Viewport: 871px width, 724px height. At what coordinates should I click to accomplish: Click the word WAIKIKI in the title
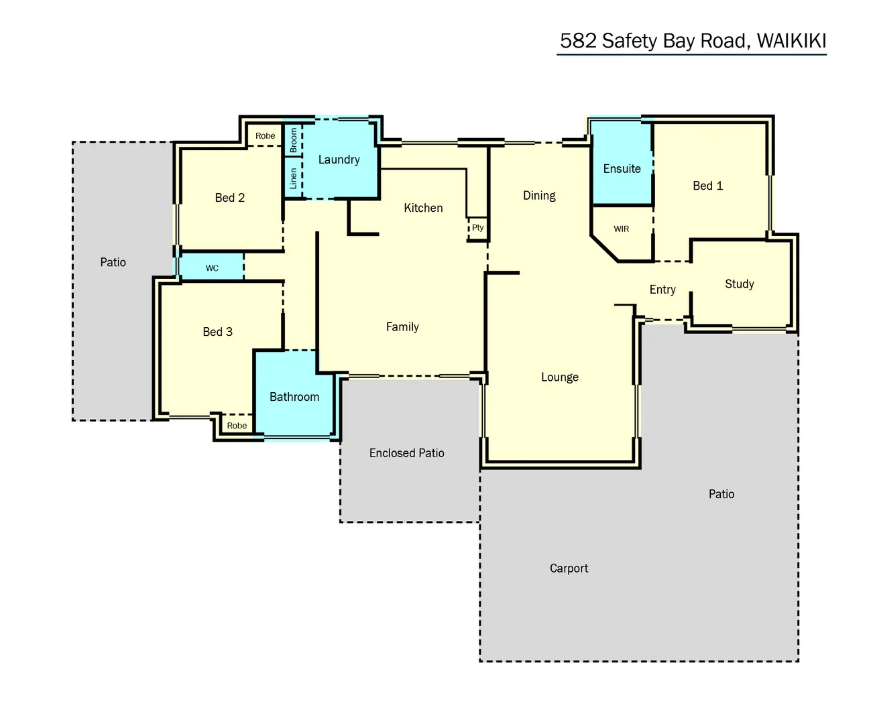[791, 41]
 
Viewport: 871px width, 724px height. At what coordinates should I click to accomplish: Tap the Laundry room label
[339, 160]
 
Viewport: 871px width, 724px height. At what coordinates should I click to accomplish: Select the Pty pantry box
[477, 228]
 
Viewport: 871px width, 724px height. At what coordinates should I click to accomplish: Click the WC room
[212, 268]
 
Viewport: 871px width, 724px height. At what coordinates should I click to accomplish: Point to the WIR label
[622, 229]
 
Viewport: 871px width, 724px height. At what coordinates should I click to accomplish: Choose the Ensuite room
[622, 169]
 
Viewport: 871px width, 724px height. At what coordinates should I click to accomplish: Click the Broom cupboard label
[294, 141]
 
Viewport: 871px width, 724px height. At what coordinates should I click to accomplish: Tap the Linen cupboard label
[294, 178]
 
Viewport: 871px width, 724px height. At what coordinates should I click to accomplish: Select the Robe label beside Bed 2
[265, 136]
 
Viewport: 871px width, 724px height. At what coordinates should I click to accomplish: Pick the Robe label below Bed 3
[237, 426]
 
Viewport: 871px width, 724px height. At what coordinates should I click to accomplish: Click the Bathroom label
[294, 397]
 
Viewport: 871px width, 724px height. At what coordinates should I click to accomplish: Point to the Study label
[739, 284]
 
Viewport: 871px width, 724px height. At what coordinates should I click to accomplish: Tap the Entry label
[662, 290]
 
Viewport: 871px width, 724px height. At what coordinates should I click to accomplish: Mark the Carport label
[569, 568]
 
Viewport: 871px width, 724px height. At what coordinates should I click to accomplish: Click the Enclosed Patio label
[406, 453]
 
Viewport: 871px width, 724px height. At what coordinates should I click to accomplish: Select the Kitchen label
[423, 208]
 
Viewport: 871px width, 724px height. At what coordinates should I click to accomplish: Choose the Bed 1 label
[707, 186]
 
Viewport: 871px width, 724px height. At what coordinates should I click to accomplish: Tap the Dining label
[539, 196]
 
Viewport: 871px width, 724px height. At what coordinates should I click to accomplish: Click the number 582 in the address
[578, 41]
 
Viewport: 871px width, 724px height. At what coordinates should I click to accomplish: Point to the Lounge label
[560, 377]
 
